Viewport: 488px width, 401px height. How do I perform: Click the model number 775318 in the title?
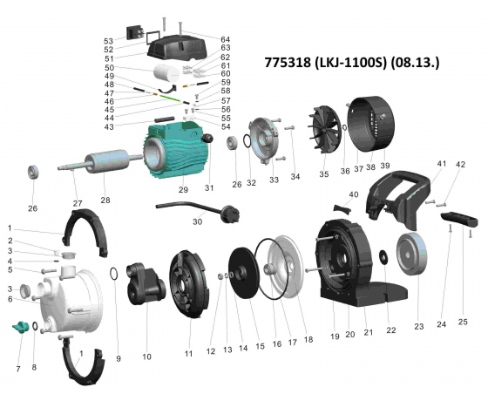(288, 62)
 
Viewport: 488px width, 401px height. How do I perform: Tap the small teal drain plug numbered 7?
(20, 327)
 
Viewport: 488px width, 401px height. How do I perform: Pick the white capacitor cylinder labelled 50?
(166, 72)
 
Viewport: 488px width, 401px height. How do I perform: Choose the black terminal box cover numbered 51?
(178, 47)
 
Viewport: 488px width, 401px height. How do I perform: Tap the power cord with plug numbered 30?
(200, 210)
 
